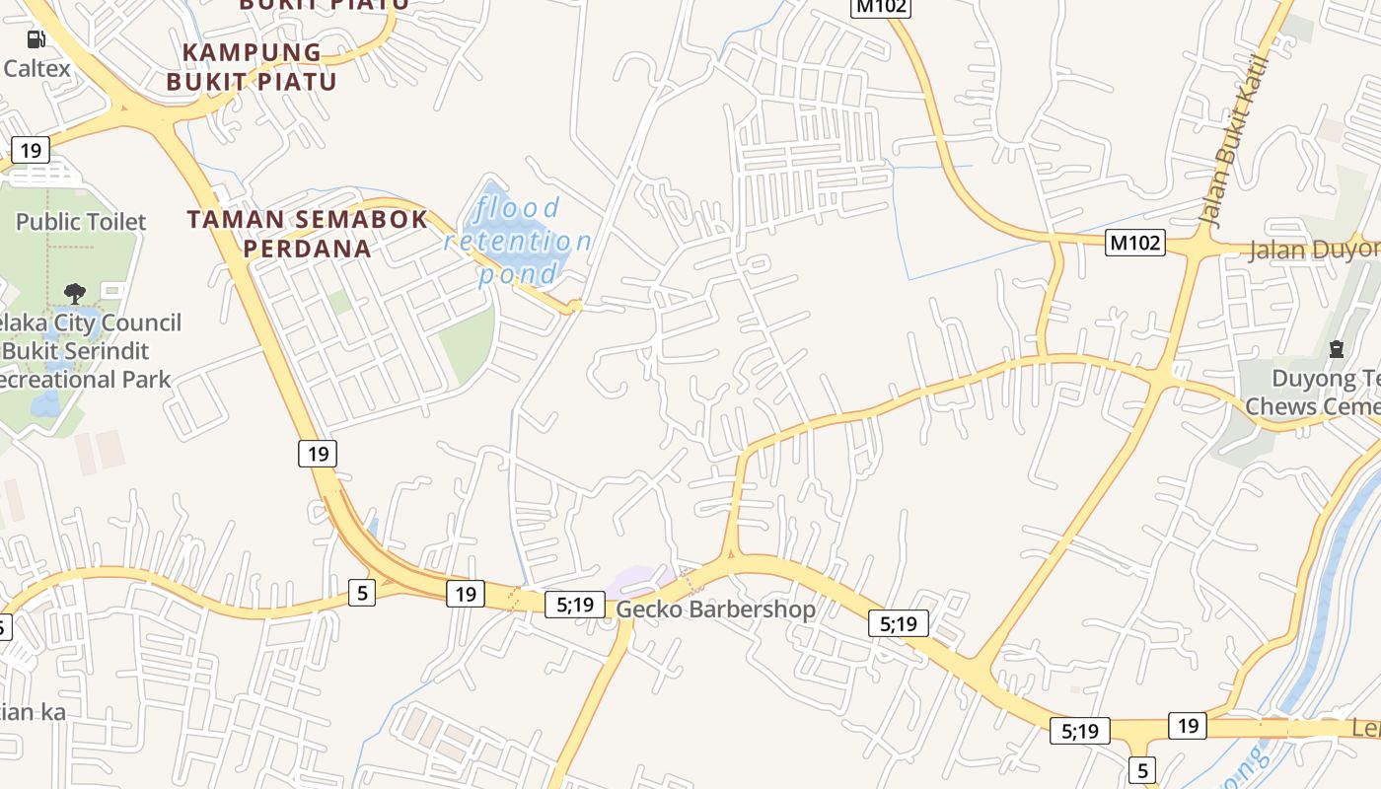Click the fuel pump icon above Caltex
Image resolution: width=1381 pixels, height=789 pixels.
[x=36, y=39]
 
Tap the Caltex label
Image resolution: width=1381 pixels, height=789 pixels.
[x=37, y=68]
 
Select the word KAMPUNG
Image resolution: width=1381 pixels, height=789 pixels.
[x=253, y=52]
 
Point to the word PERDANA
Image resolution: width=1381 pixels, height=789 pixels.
[x=308, y=249]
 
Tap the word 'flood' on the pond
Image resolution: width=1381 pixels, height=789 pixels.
[x=518, y=208]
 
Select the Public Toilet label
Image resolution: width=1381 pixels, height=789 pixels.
[x=81, y=222]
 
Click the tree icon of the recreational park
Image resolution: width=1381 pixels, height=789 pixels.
[x=74, y=293]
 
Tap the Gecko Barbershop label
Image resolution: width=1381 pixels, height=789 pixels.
[x=716, y=610]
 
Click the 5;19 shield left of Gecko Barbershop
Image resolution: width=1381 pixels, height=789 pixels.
[x=574, y=604]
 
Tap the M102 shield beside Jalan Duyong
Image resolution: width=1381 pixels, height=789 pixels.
[x=1135, y=243]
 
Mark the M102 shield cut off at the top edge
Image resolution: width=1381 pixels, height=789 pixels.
[x=881, y=7]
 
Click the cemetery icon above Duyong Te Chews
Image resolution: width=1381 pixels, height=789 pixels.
[x=1337, y=348]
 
